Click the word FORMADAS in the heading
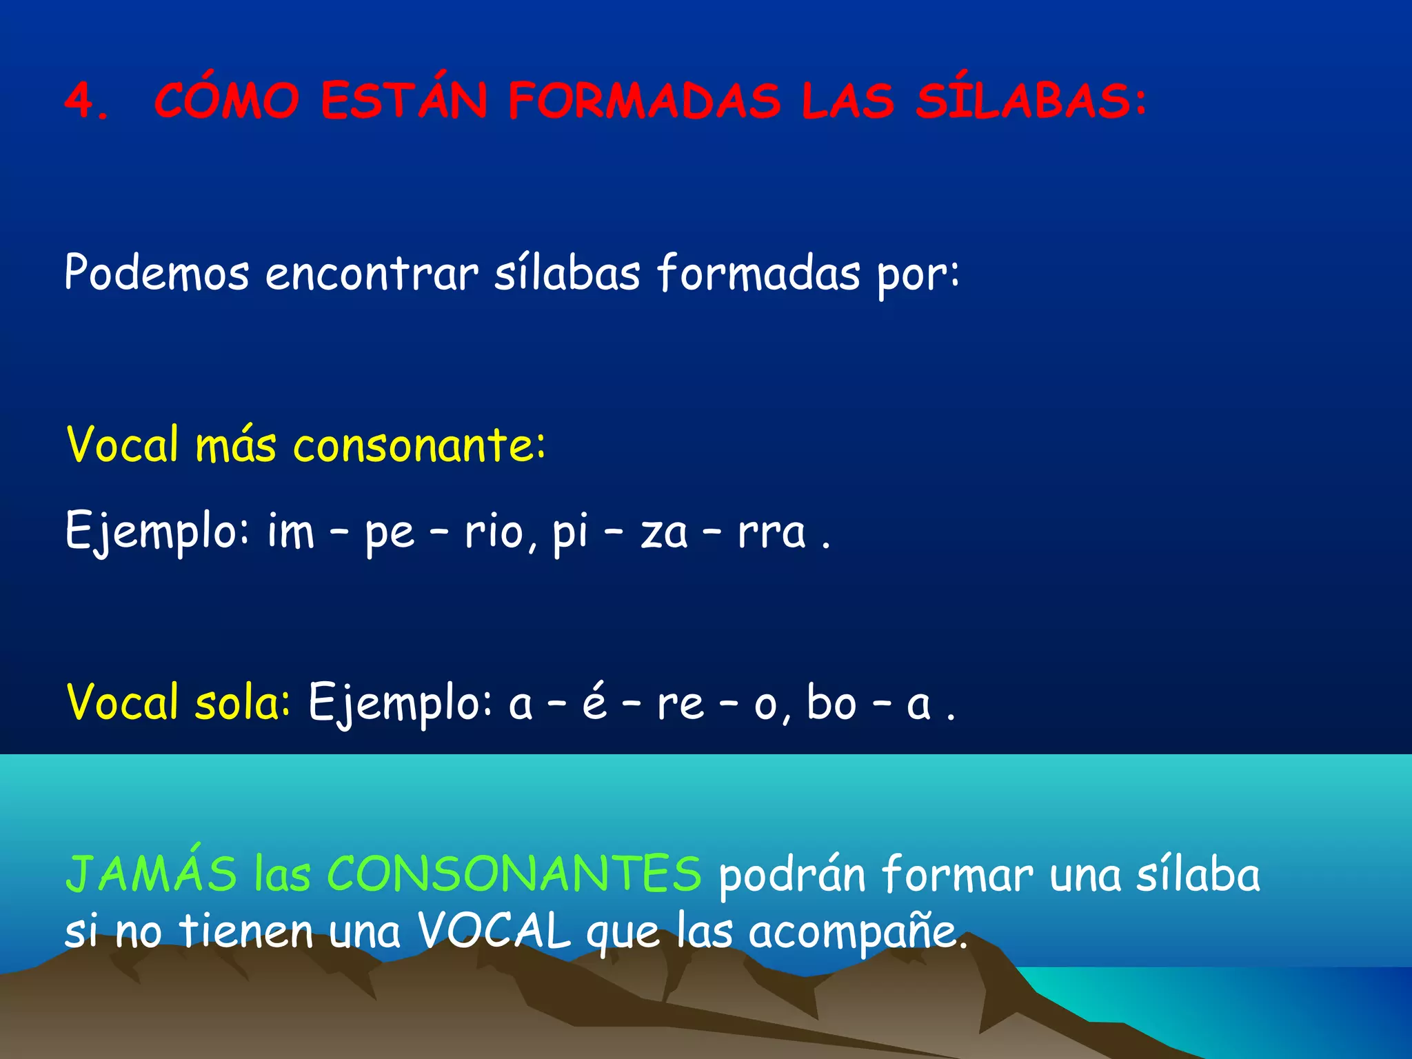click(x=644, y=101)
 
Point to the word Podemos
click(x=157, y=273)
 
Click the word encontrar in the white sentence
click(x=372, y=273)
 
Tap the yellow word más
click(x=236, y=445)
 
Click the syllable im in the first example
click(x=290, y=532)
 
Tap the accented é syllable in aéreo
click(x=594, y=702)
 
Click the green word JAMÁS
click(x=151, y=874)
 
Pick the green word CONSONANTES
click(x=514, y=874)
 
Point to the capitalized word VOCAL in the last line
click(x=494, y=931)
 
